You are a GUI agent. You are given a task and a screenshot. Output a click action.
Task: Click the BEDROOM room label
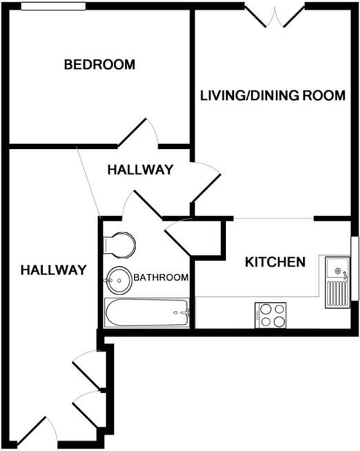click(99, 65)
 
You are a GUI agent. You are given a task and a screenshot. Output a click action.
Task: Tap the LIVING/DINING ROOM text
click(272, 96)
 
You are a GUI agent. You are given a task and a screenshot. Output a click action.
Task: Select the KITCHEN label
click(276, 262)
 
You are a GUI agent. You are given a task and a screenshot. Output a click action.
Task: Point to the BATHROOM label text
click(161, 278)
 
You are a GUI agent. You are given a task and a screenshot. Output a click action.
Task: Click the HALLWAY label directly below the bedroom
click(140, 170)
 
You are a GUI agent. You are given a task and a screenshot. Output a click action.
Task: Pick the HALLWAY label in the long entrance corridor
click(52, 270)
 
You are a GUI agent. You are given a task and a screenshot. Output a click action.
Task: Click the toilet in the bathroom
click(118, 244)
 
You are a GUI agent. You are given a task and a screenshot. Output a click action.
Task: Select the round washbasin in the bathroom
click(119, 279)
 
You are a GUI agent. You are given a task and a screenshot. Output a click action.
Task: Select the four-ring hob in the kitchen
click(271, 315)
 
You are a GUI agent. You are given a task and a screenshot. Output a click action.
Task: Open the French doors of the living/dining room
click(274, 15)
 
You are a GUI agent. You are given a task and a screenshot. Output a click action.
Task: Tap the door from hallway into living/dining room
click(206, 181)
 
